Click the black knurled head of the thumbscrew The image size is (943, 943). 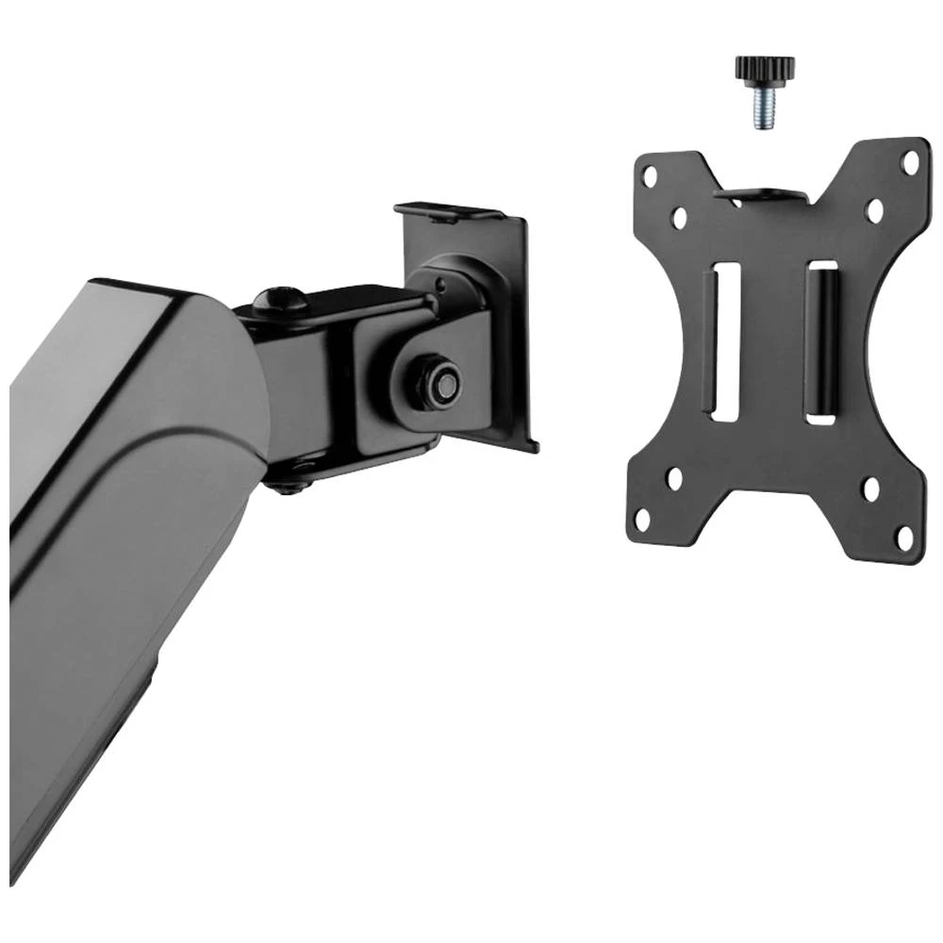pyautogui.click(x=765, y=70)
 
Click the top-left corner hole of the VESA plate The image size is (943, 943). pyautogui.click(x=649, y=175)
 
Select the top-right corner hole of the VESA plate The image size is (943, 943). pyautogui.click(x=910, y=161)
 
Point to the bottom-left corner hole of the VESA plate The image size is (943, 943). pyautogui.click(x=642, y=518)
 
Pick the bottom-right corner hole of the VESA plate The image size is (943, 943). pyautogui.click(x=904, y=538)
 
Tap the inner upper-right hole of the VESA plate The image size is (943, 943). pyautogui.click(x=874, y=209)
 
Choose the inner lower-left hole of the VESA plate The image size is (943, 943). pyautogui.click(x=675, y=478)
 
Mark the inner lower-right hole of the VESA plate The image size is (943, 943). pyautogui.click(x=870, y=489)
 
